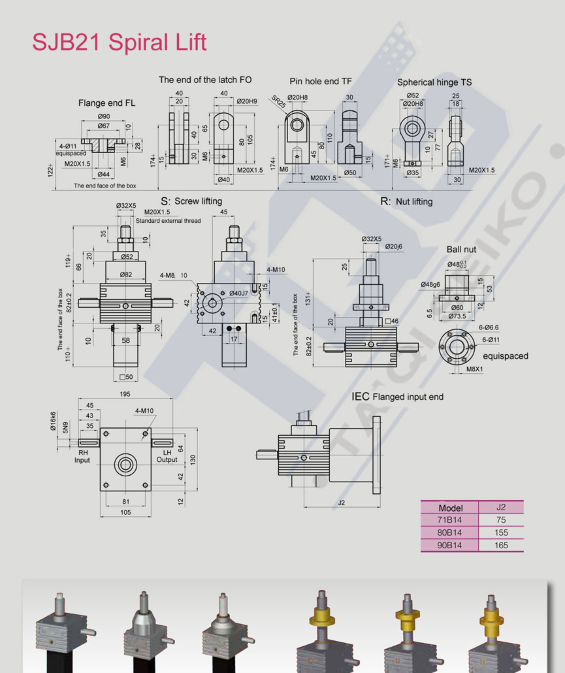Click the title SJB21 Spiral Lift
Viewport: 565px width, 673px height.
point(120,42)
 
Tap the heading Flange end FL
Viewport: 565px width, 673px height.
point(107,103)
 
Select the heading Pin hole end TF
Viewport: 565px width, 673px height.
point(321,81)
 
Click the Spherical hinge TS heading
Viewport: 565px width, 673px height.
point(434,82)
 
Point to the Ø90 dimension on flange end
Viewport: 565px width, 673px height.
point(103,116)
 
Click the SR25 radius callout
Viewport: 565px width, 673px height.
point(280,103)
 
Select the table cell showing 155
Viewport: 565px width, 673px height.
point(500,533)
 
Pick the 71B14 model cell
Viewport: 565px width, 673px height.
point(450,520)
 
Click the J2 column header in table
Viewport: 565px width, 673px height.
point(500,507)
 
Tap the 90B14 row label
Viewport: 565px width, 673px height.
point(450,545)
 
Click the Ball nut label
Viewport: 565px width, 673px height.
point(462,250)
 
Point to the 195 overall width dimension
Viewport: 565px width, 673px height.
point(125,394)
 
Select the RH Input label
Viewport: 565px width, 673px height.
point(83,456)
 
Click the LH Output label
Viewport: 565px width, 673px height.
point(167,456)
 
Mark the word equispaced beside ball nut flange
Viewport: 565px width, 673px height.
point(505,356)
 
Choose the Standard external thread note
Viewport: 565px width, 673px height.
point(168,221)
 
